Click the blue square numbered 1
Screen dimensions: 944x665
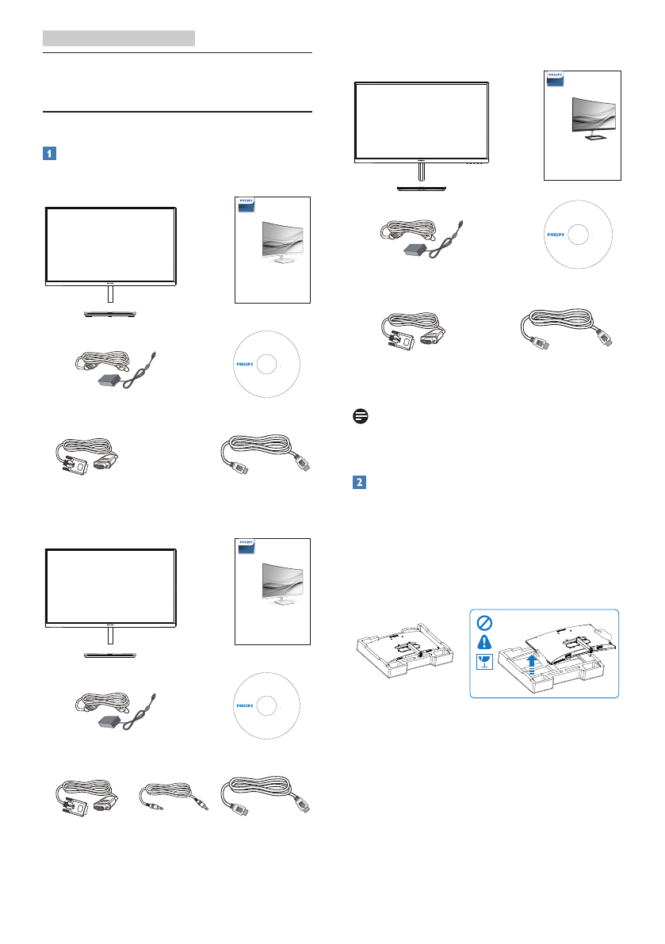tap(48, 154)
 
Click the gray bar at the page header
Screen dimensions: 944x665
tap(119, 37)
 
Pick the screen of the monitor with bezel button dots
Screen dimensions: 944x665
tap(421, 120)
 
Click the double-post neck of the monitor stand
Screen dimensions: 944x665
tap(420, 174)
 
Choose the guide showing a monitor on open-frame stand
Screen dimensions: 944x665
tap(582, 124)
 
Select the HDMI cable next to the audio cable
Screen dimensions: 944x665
tap(266, 796)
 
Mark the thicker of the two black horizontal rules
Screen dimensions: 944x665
tap(178, 112)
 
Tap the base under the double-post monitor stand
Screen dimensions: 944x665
tap(421, 189)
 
